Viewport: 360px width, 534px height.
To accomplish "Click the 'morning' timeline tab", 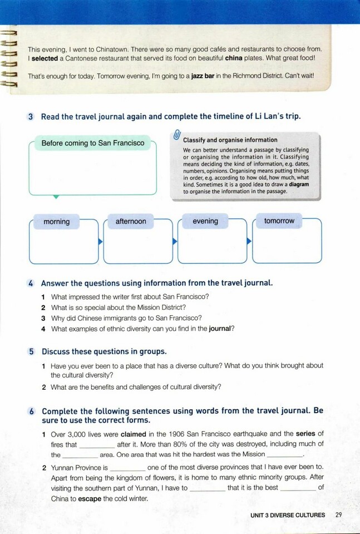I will tap(57, 222).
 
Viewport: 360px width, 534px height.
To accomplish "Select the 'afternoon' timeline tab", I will tap(131, 222).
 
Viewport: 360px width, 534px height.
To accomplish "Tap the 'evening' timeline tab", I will tap(205, 221).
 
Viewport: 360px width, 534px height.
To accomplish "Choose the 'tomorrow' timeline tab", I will tap(279, 221).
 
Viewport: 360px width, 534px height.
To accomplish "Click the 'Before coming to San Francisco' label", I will tap(93, 143).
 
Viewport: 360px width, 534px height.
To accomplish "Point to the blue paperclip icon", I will tap(176, 135).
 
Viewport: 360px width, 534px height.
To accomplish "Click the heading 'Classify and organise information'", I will tap(230, 140).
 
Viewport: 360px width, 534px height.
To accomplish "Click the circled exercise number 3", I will tap(31, 116).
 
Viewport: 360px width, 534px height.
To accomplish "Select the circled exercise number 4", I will tap(31, 283).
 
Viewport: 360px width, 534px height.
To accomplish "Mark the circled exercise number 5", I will tap(31, 352).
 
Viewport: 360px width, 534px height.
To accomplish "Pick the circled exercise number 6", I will tap(31, 411).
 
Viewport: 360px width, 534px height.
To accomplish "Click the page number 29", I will tap(339, 515).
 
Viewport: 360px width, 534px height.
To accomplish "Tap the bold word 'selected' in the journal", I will tap(43, 58).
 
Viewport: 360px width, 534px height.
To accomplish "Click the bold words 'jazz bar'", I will tap(205, 75).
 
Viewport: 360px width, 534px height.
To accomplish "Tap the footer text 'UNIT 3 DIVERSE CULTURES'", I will tap(287, 515).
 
